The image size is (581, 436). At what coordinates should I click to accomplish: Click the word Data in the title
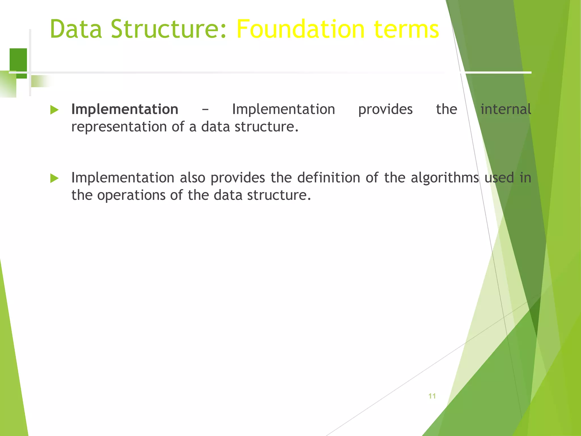(76, 29)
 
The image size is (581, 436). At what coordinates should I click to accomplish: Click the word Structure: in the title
(169, 29)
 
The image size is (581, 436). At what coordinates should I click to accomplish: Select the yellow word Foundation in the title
(300, 29)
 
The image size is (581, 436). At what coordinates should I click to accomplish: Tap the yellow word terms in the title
(406, 29)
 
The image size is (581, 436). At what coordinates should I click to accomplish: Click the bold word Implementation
(125, 109)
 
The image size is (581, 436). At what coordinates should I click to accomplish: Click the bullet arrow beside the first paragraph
(54, 110)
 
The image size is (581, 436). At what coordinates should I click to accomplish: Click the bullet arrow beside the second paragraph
(54, 178)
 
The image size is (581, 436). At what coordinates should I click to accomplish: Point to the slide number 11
(432, 396)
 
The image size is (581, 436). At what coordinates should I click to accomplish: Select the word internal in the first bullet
(505, 109)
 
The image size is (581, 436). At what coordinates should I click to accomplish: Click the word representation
(119, 127)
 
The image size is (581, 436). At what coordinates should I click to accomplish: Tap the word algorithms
(445, 178)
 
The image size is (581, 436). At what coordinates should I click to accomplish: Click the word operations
(131, 195)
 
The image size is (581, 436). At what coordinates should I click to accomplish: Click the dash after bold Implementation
(205, 109)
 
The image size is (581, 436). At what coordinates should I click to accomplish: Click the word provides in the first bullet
(385, 109)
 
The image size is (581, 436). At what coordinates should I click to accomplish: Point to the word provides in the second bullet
(237, 178)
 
